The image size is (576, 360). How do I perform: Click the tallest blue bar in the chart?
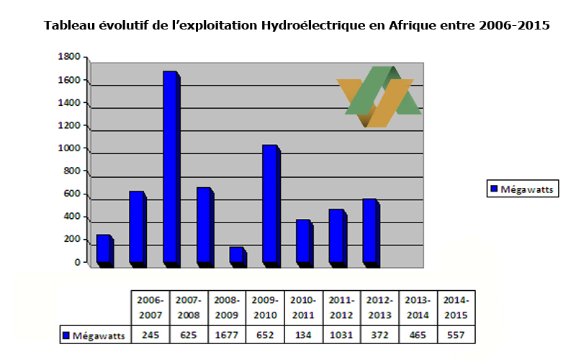(x=170, y=167)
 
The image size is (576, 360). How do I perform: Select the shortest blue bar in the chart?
(x=237, y=255)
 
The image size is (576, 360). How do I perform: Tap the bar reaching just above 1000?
(x=269, y=204)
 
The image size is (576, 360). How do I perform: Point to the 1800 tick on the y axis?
(x=70, y=57)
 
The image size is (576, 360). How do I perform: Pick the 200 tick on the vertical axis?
(x=72, y=240)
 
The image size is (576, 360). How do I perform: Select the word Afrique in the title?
(x=416, y=25)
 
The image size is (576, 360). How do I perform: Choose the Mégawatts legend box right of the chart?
(x=516, y=189)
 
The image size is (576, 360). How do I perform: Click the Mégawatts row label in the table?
(x=94, y=336)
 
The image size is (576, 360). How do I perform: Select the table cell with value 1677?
(x=226, y=336)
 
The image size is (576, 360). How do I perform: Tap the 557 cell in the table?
(x=458, y=336)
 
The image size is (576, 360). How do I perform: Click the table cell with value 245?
(x=149, y=336)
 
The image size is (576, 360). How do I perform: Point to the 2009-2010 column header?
(x=265, y=307)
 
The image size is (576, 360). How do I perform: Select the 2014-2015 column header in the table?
(x=458, y=307)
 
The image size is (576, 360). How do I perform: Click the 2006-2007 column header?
(x=149, y=307)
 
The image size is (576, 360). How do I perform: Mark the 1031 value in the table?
(x=342, y=336)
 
